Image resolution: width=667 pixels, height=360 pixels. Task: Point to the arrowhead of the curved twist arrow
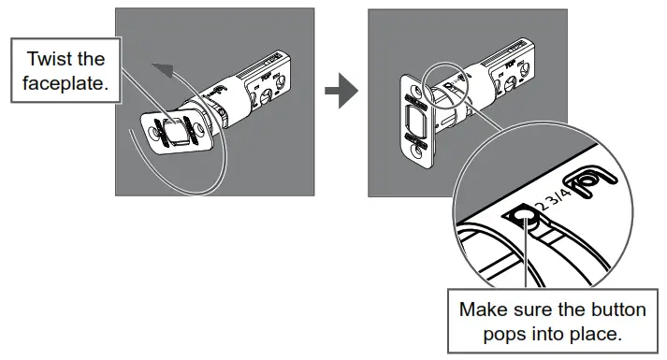click(x=164, y=70)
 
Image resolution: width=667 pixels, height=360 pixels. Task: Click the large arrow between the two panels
click(x=341, y=91)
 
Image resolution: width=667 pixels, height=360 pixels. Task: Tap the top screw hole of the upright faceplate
click(x=414, y=90)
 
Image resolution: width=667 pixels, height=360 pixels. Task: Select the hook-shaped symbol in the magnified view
click(x=590, y=180)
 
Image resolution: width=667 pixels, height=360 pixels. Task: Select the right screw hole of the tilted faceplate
click(x=198, y=127)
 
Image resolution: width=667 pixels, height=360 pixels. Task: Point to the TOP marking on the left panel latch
click(x=266, y=78)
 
